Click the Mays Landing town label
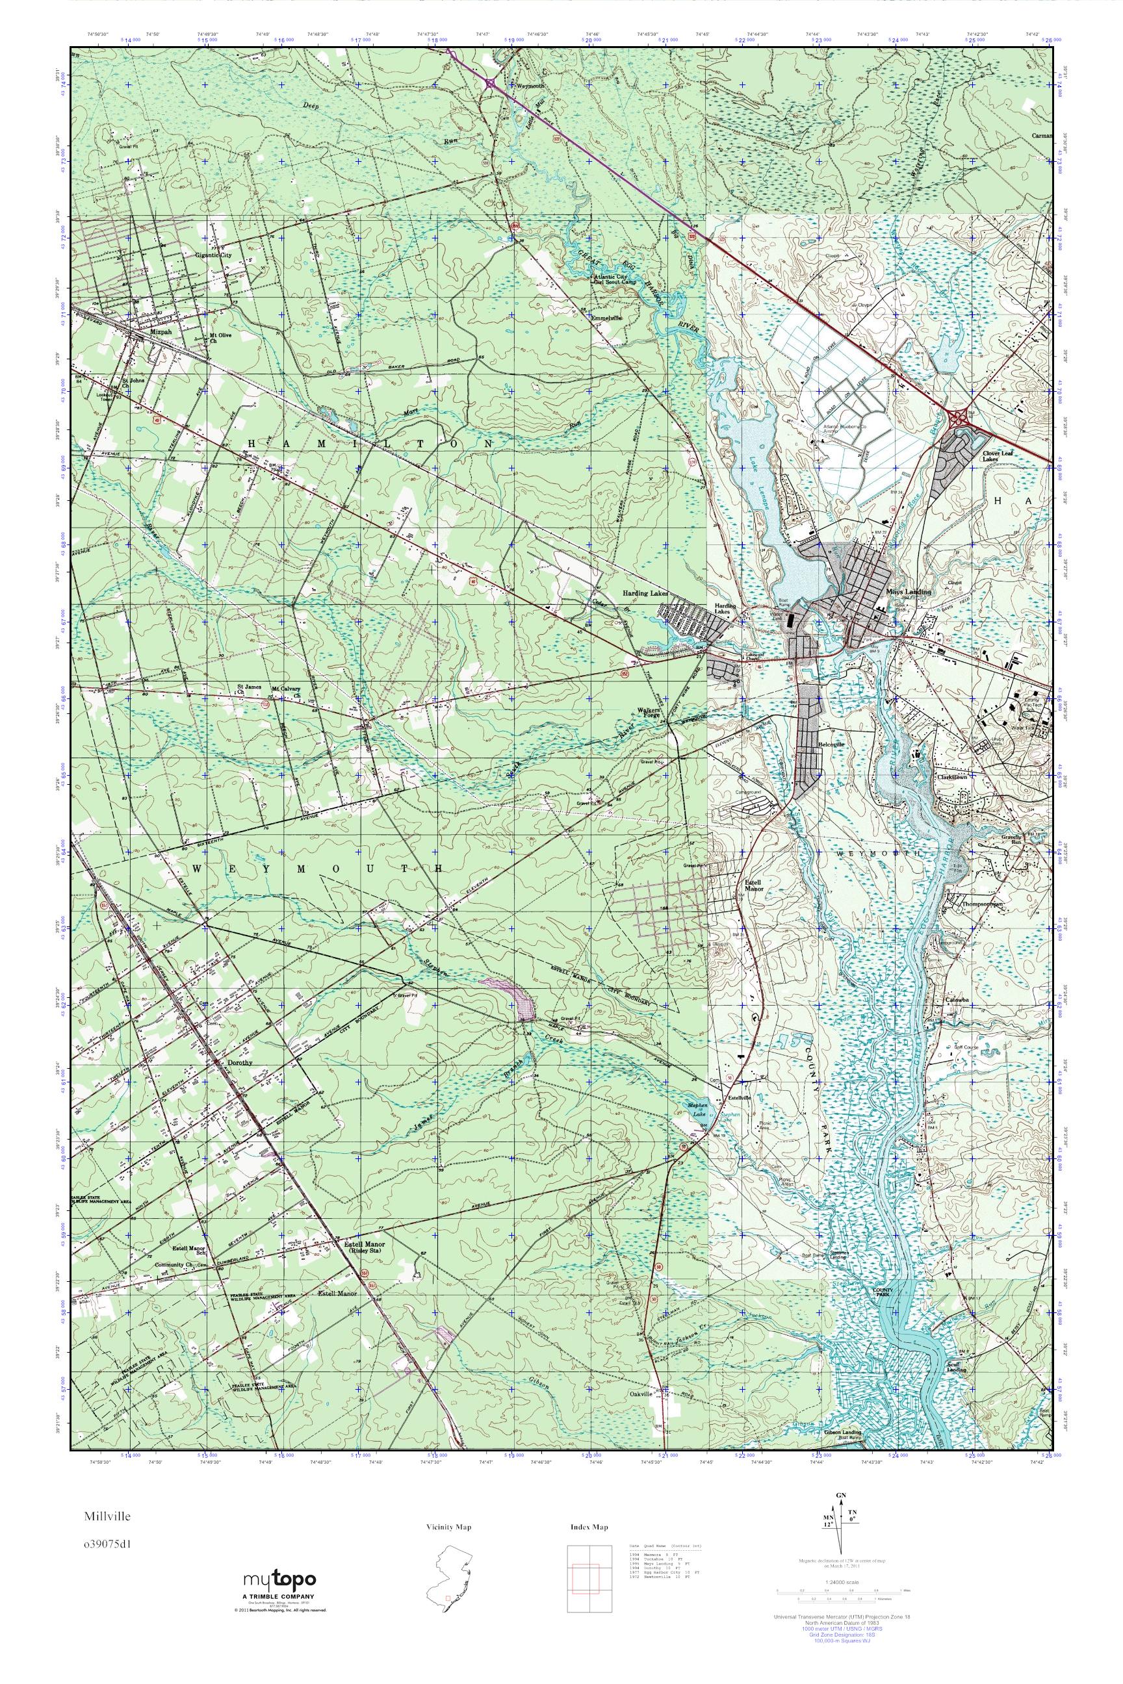908,592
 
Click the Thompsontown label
981,904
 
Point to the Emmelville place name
606,317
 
